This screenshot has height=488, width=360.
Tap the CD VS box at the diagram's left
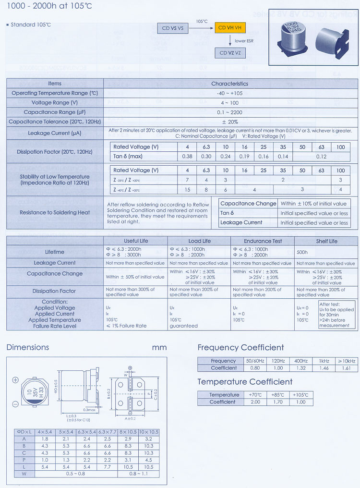173,28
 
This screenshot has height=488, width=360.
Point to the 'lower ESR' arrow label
244,41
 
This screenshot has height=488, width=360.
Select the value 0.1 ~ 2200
230,112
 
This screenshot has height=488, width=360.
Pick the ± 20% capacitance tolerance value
230,122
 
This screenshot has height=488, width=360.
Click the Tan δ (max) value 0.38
187,157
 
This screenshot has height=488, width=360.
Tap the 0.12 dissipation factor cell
321,157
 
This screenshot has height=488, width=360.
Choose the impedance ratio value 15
187,190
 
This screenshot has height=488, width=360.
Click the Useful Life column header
136,241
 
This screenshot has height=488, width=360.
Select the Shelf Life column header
326,241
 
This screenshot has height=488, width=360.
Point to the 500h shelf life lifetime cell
302,252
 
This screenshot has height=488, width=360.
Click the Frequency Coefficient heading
240,347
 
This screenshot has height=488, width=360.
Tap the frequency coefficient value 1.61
346,368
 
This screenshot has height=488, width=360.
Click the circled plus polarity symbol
15,380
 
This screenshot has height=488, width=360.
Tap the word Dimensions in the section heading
28,347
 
